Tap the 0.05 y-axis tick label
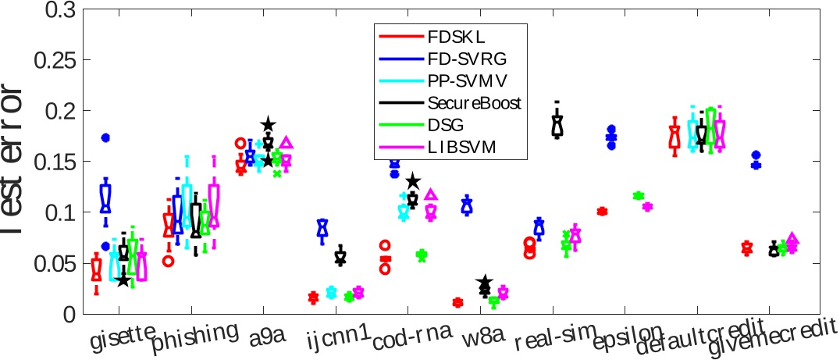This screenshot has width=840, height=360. [x=60, y=263]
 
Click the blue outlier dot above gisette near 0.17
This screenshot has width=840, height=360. [x=105, y=137]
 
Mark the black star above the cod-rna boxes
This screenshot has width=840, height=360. [x=413, y=182]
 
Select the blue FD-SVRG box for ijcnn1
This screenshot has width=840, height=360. [x=322, y=228]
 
